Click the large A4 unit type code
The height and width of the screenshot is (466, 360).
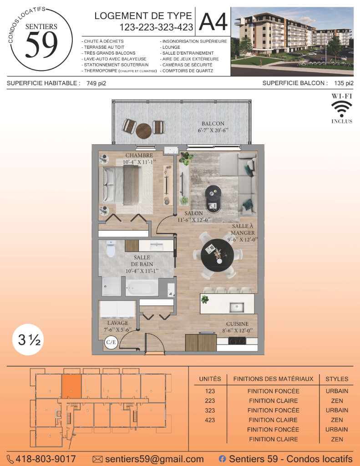pos(213,21)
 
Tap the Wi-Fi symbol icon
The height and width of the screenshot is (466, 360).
pos(342,109)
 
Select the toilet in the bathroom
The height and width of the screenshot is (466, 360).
pos(111,249)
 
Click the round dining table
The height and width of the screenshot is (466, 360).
pos(217,255)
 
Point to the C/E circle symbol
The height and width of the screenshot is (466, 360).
pos(111,342)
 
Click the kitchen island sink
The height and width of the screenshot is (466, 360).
pos(237,307)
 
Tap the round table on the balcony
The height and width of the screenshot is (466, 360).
pos(144,131)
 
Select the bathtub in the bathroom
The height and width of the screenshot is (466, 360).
pos(142,288)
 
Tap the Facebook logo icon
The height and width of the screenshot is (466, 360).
pos(222,459)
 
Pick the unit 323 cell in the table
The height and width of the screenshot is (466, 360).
pos(210,410)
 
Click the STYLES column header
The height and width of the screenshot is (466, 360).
pos(337,379)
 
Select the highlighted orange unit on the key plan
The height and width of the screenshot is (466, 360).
pos(71,386)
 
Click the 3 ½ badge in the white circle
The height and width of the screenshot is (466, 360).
pos(28,339)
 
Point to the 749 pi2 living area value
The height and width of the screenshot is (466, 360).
pos(96,84)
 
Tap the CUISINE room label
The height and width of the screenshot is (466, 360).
pos(237,324)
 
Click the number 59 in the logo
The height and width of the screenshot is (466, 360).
pos(41,45)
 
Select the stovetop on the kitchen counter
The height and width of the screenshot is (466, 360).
pos(237,341)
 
